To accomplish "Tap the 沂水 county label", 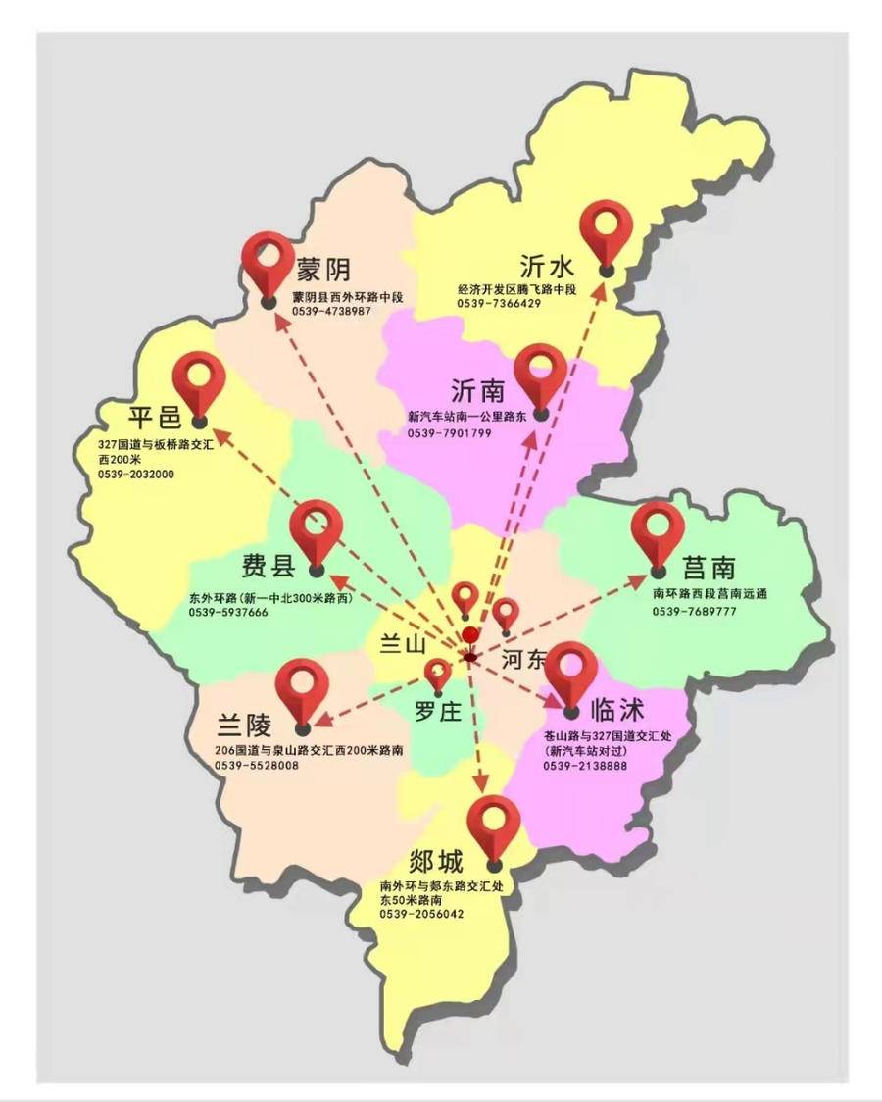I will (548, 267).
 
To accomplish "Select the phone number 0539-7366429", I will (499, 304).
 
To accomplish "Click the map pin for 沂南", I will (541, 375).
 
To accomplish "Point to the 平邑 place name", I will (155, 417).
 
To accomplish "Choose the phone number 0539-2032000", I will (136, 474).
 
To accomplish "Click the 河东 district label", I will (522, 660).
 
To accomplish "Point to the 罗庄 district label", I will (436, 713).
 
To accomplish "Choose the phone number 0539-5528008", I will (257, 765).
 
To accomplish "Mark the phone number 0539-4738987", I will (331, 311).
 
